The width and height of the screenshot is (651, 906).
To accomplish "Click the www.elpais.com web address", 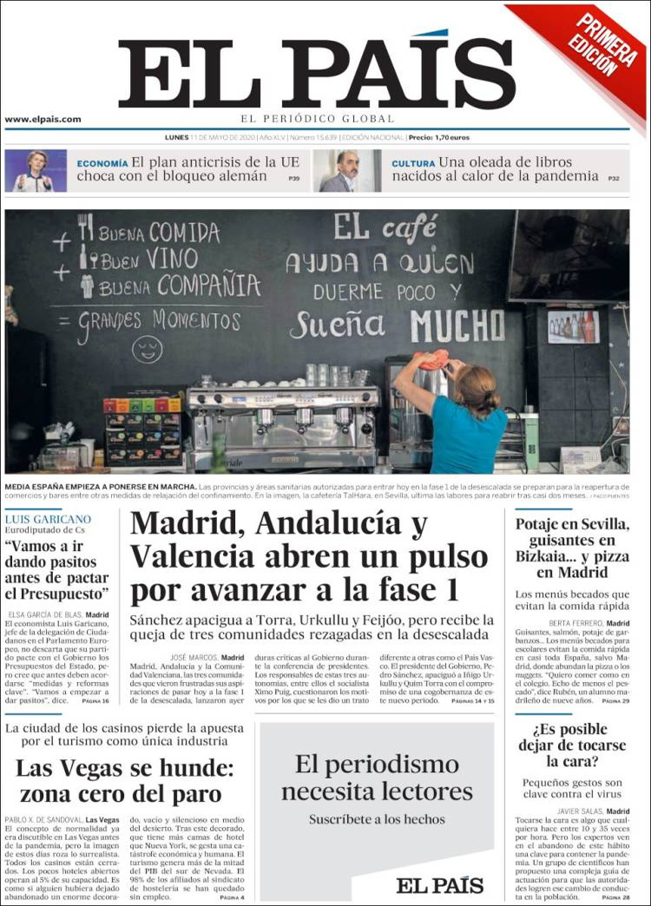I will [43, 120].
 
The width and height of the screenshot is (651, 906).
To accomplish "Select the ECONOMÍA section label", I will [102, 163].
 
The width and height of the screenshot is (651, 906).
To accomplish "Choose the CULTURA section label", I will [412, 163].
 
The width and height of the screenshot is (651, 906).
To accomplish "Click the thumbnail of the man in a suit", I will [345, 171].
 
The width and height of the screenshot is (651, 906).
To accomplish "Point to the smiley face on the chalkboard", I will [147, 349].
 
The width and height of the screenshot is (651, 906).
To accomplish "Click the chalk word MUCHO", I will [457, 325].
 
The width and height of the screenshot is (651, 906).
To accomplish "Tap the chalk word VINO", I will [171, 258].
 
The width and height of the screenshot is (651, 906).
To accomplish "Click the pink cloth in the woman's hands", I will [433, 359].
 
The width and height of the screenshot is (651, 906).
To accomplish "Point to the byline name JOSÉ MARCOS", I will [194, 658].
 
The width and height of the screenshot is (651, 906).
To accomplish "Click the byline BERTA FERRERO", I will [574, 623].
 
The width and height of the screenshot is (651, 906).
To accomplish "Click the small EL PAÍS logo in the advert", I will [439, 884].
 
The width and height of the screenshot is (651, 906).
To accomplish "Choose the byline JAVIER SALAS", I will [578, 812].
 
